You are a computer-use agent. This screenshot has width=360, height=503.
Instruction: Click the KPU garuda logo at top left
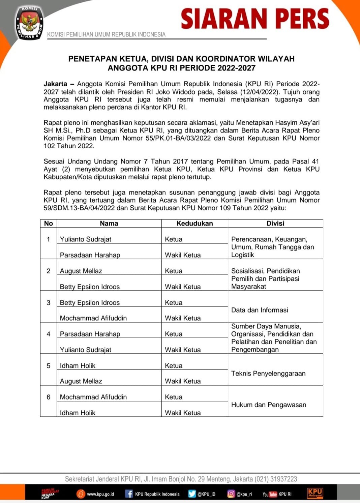click(x=30, y=23)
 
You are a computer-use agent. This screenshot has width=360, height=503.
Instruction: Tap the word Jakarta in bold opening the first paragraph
click(x=55, y=84)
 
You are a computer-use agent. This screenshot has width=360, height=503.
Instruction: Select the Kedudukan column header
click(x=194, y=223)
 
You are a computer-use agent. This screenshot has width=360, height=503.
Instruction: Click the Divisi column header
click(x=275, y=223)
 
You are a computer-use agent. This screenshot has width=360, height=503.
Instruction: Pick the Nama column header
click(x=109, y=223)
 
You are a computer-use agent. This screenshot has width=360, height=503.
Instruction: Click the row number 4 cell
click(x=49, y=334)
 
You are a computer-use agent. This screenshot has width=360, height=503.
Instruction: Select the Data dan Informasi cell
click(x=260, y=310)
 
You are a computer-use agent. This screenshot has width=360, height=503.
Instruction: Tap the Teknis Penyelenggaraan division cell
click(x=268, y=373)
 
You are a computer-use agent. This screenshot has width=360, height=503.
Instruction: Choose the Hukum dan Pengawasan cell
click(x=269, y=405)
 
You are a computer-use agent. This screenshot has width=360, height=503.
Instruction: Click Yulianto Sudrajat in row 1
click(x=85, y=239)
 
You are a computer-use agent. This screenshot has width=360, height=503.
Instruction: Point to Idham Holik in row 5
click(x=78, y=365)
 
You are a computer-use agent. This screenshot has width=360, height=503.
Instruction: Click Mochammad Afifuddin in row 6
click(x=93, y=397)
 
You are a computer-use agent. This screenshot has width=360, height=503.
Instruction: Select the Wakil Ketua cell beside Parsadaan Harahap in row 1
click(x=183, y=255)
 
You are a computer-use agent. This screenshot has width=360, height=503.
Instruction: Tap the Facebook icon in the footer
click(x=129, y=494)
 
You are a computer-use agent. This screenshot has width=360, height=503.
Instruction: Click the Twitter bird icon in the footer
click(x=192, y=494)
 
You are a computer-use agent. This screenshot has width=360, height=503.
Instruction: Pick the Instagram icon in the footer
click(x=231, y=494)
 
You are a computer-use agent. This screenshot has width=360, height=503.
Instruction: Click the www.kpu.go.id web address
click(x=100, y=494)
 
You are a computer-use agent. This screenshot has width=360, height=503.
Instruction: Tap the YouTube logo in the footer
click(x=270, y=494)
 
